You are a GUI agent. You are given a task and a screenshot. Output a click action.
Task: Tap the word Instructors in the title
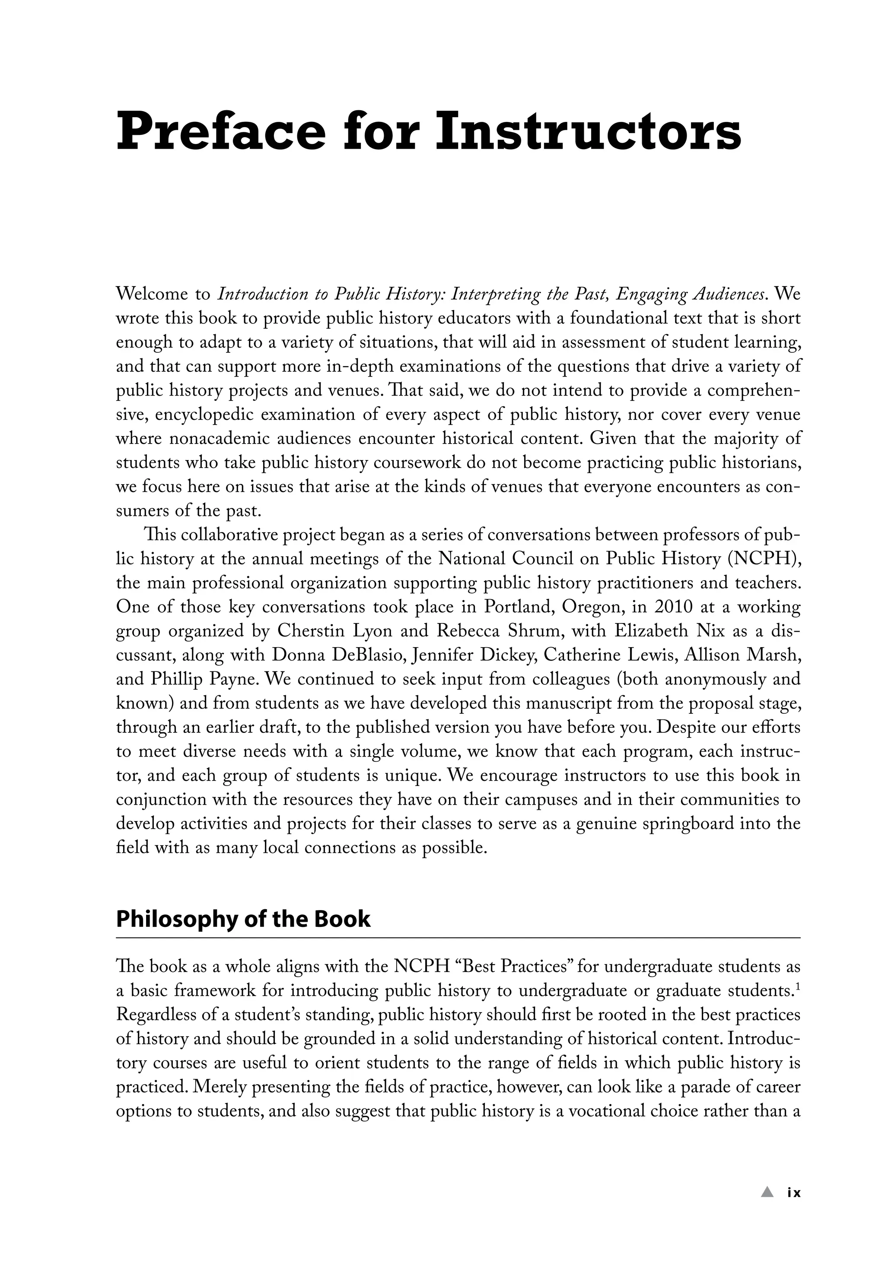coord(588,132)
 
